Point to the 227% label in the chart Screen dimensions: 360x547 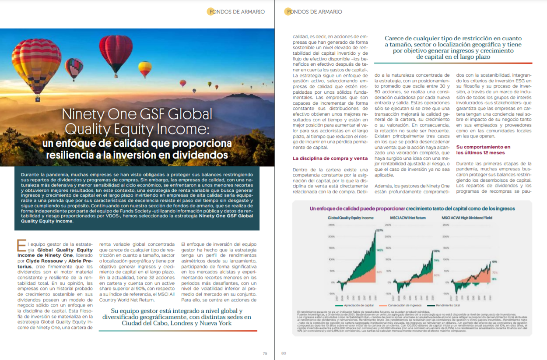click(379, 229)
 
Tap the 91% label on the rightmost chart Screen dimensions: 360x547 click(494, 262)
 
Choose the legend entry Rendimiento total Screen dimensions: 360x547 click(452, 305)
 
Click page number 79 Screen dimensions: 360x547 click(265, 353)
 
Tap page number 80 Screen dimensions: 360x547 click(283, 353)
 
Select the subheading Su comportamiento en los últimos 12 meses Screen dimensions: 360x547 click(483, 150)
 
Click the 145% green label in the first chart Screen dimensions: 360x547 click(379, 251)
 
